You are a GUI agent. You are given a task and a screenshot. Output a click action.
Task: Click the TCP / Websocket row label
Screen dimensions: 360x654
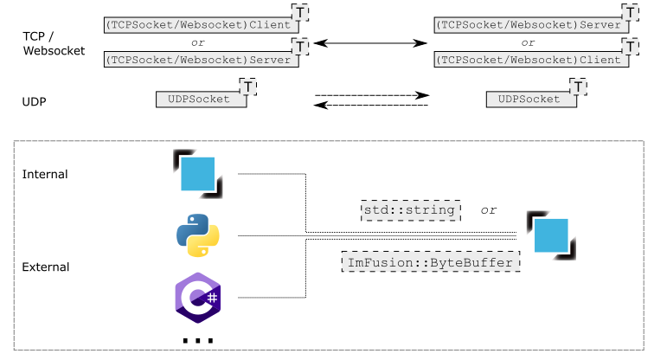coord(54,43)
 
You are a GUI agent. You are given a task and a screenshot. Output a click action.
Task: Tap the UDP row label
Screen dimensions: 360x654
coord(34,102)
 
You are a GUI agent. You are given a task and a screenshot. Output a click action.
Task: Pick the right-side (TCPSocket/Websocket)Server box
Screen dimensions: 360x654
coord(528,25)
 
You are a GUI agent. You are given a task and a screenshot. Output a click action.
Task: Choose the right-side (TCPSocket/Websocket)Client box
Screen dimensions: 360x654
coord(528,60)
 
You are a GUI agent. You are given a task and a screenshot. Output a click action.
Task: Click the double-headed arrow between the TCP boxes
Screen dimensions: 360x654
coord(371,42)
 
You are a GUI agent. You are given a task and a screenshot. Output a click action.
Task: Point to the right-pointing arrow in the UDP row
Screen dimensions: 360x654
coord(372,95)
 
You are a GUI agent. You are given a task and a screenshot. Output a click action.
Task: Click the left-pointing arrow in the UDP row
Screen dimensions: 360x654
coord(372,106)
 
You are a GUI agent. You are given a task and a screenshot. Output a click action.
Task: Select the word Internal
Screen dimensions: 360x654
coord(45,174)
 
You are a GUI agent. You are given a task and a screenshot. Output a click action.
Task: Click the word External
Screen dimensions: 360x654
coord(46,267)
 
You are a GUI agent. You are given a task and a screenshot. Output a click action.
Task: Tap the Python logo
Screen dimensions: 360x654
coord(198,235)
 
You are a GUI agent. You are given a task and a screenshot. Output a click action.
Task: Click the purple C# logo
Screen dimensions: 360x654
coord(198,297)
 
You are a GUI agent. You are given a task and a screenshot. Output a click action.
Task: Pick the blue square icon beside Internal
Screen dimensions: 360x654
coord(197,174)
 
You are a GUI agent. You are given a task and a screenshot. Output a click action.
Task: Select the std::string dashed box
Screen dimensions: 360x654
coord(411,210)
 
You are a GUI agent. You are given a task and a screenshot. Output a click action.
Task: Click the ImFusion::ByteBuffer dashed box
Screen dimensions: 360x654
coord(431,261)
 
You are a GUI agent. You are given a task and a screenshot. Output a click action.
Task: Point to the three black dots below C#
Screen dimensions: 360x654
coord(198,341)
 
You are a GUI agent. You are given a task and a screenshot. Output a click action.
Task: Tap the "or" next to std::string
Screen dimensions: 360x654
coord(489,210)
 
